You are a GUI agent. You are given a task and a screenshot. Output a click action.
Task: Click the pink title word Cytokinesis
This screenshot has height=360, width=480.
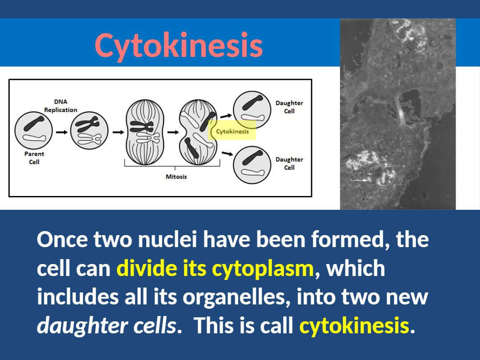179,45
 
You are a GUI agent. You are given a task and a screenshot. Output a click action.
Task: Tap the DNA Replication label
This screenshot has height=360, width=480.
60,106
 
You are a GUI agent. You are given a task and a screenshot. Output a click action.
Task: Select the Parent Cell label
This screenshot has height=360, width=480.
34,158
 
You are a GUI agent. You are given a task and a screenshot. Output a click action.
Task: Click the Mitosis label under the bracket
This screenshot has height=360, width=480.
176,176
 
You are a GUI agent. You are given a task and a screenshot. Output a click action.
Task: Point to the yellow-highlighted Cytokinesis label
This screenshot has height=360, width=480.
232,132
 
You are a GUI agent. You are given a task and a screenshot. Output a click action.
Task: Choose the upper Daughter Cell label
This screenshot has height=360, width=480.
289,107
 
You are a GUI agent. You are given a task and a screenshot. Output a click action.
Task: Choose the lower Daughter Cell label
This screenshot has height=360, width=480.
289,164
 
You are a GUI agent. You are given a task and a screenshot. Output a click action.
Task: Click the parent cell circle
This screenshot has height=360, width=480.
34,131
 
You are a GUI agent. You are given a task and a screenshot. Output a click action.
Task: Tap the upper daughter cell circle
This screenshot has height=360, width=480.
252,110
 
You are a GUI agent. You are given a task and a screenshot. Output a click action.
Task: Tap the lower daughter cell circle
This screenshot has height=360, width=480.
252,165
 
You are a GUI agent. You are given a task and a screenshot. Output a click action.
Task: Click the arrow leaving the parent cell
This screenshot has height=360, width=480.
62,132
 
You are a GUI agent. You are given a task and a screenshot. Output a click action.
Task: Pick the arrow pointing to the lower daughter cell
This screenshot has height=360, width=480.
227,153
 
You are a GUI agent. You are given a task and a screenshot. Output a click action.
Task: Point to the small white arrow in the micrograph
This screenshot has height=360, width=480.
360,180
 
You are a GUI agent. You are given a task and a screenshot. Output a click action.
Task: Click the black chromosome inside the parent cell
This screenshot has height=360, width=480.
34,124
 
